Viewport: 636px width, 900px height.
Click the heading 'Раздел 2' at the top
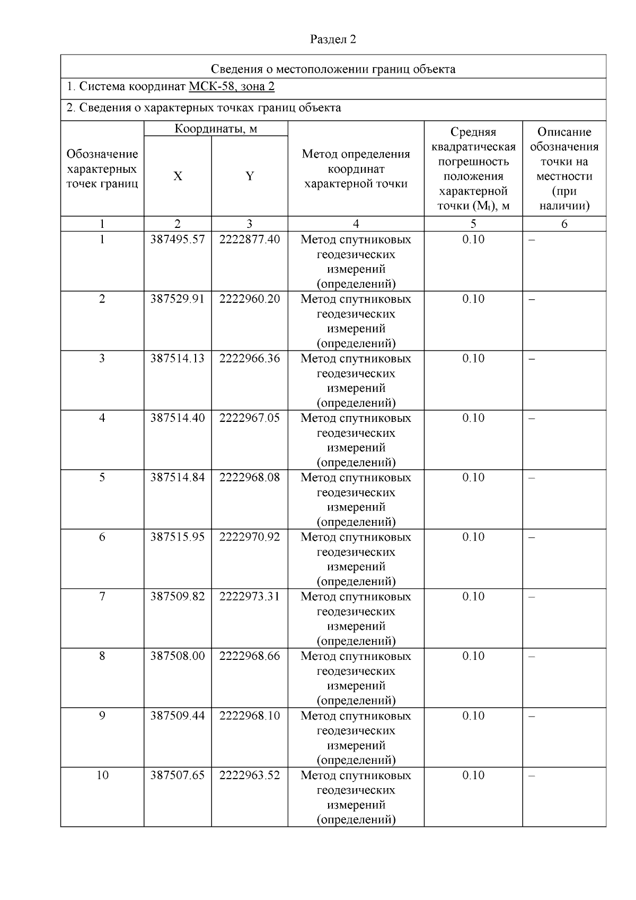(333, 40)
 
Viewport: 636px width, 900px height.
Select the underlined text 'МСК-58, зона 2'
(232, 87)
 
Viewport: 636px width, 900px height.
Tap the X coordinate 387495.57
(177, 240)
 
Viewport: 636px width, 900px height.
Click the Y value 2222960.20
(250, 299)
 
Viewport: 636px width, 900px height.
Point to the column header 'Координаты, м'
(216, 129)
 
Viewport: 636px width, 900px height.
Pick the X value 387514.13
(177, 359)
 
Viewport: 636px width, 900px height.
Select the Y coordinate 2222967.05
(250, 418)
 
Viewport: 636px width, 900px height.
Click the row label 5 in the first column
(102, 478)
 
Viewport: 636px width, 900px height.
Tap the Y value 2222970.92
(250, 537)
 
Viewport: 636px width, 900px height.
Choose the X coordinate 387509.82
(177, 597)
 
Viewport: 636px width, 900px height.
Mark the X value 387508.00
(177, 656)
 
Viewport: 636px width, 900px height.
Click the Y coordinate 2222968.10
(250, 716)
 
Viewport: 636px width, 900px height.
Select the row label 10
(102, 775)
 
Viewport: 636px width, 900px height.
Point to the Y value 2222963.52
(250, 775)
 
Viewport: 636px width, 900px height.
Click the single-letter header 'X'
(178, 177)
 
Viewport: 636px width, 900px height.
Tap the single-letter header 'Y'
(250, 177)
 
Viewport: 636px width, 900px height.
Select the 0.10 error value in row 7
(473, 597)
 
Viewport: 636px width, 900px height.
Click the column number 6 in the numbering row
(564, 224)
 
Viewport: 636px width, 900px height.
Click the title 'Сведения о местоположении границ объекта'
(333, 69)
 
